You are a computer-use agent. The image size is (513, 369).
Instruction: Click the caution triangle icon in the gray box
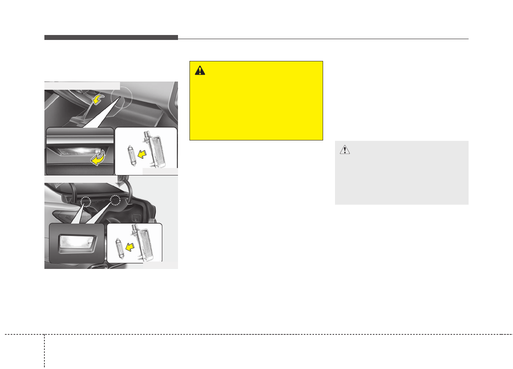pyautogui.click(x=344, y=150)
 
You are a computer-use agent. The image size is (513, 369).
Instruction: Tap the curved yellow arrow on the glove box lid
pyautogui.click(x=98, y=99)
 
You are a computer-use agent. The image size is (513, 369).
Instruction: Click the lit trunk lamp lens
pyautogui.click(x=76, y=243)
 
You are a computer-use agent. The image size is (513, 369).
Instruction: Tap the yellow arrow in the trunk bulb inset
pyautogui.click(x=130, y=247)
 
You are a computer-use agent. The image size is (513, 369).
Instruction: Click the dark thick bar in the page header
pyautogui.click(x=111, y=37)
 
